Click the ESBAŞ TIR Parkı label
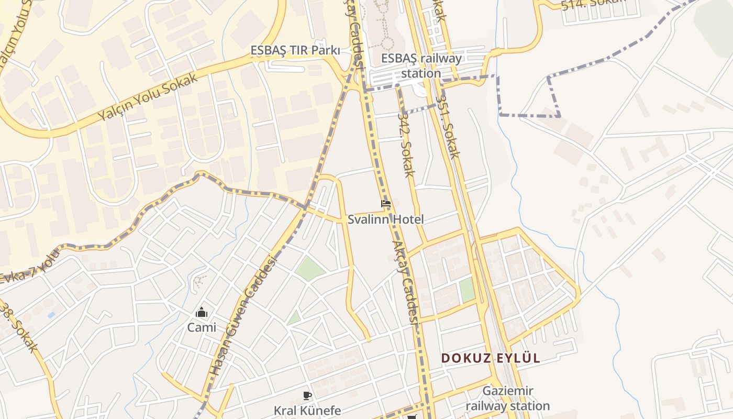[x=295, y=51]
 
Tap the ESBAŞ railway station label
[x=421, y=65]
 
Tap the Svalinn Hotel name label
[x=386, y=219]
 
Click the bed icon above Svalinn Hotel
[x=386, y=204]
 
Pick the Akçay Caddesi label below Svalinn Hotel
[x=406, y=283]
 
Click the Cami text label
[x=202, y=327]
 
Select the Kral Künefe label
[x=307, y=410]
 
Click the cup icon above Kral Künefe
[x=307, y=395]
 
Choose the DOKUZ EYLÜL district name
[x=491, y=358]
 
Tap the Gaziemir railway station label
[x=507, y=398]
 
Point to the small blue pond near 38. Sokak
[x=51, y=315]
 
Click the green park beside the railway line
[x=467, y=290]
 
